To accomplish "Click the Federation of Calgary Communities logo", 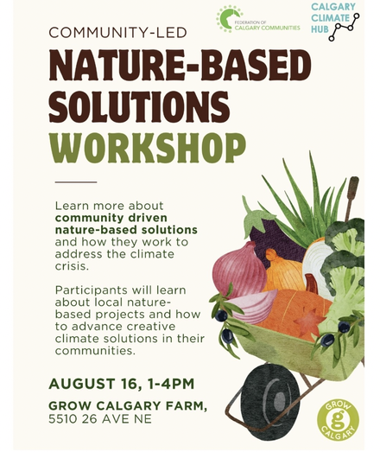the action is [258, 19].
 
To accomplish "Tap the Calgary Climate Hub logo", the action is [335, 22].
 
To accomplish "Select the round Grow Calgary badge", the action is [338, 419].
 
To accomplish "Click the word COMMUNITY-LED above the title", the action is [117, 33].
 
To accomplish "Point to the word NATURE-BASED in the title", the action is [180, 65].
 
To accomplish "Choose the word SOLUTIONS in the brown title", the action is [139, 107].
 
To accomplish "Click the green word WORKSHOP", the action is [147, 148].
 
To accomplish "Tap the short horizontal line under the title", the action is [76, 182].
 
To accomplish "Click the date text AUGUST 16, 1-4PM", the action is [121, 384].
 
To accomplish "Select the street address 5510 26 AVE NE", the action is [100, 419].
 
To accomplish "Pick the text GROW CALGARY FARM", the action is [128, 406].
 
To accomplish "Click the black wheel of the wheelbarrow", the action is [270, 402].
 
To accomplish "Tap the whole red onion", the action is [239, 271].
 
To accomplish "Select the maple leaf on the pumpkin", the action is [308, 322].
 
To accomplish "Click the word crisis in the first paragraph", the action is [72, 266].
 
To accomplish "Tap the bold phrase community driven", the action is [111, 218].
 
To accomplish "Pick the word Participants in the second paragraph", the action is [91, 290].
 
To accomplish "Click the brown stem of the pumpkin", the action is [312, 283].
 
